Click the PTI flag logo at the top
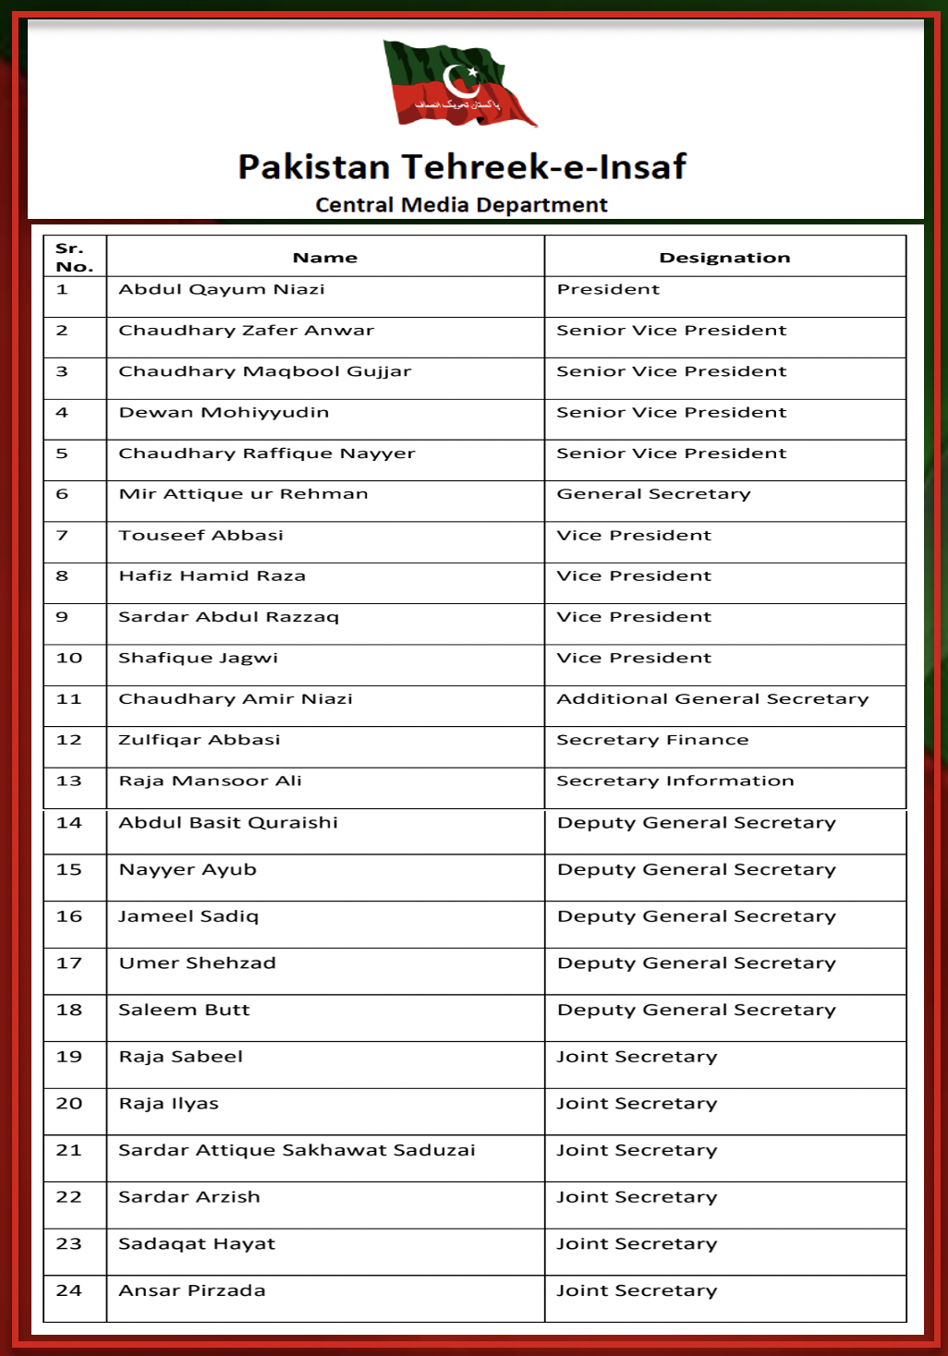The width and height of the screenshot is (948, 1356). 459,84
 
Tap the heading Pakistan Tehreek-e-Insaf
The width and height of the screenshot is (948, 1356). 462,167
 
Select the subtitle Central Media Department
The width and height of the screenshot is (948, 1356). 461,205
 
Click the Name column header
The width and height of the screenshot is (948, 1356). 325,258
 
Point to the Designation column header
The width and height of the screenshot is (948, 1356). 724,258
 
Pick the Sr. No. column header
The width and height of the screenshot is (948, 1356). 74,258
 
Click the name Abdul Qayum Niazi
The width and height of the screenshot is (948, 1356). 222,289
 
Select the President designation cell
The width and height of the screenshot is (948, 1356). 608,289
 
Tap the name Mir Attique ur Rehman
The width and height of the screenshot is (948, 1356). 243,494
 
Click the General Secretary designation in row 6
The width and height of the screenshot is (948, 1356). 653,494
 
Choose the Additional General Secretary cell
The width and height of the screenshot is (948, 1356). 712,699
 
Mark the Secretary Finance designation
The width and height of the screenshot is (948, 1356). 652,740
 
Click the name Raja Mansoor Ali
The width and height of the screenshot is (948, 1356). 210,781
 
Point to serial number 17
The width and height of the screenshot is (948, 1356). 69,963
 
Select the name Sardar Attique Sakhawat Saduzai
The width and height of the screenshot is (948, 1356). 297,1151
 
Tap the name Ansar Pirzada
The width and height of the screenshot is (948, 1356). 191,1291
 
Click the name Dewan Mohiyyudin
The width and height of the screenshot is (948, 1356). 224,413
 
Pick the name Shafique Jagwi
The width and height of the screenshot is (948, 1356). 198,659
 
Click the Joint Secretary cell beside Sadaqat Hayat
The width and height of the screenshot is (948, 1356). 636,1244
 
